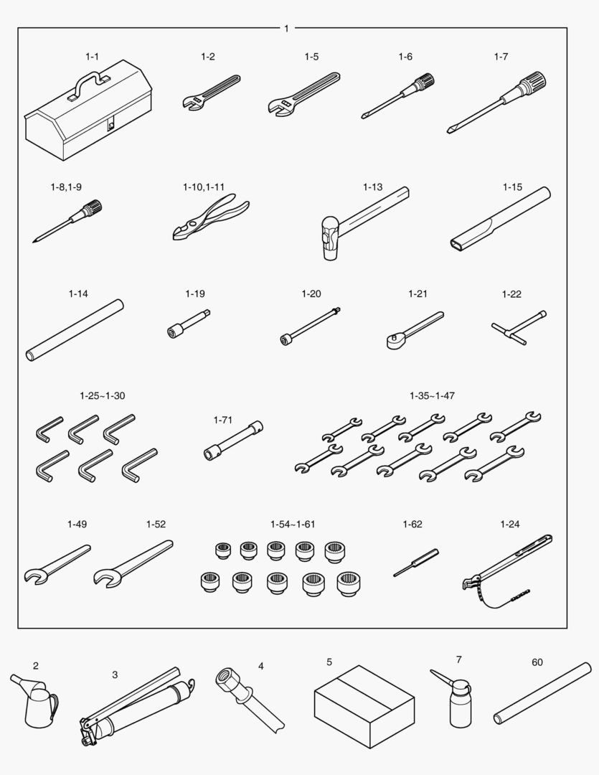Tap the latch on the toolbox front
coord(111,123)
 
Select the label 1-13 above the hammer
coord(372,187)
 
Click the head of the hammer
coord(330,238)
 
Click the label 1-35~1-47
coord(432,395)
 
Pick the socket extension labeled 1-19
coord(188,324)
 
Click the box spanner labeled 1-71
coord(233,440)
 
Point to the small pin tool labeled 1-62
coord(416,563)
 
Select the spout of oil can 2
coord(20,681)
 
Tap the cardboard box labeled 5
coord(364,706)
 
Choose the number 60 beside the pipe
coord(537,662)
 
